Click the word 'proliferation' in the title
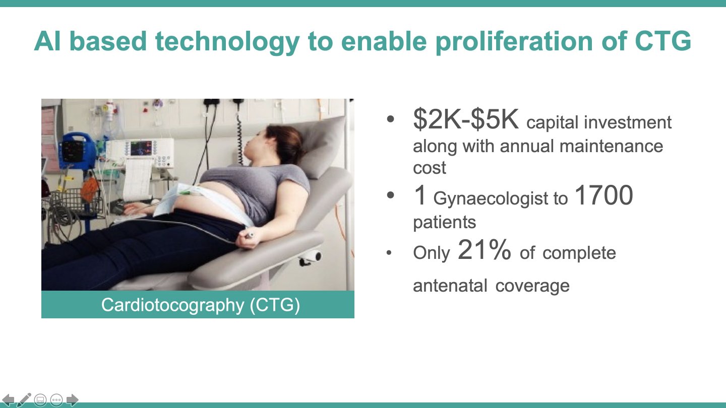514,42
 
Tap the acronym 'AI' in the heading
47,41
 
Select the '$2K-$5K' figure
466,119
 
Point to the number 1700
603,195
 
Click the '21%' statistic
484,249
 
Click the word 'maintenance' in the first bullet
611,146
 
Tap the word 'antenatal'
450,286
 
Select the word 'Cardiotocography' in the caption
173,305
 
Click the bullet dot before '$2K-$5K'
390,119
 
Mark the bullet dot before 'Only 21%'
389,252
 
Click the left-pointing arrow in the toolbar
8,399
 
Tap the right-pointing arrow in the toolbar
72,399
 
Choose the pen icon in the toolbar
24,399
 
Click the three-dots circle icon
56,399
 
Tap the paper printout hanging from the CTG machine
138,179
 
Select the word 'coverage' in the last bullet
532,286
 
